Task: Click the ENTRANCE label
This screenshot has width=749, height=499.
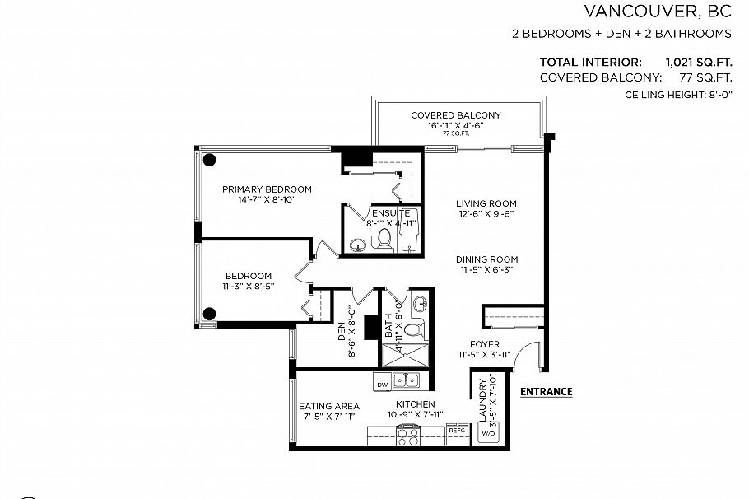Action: (x=547, y=392)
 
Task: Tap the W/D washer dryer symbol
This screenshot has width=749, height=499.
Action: (x=487, y=433)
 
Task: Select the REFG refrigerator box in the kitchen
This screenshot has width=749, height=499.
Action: (x=457, y=431)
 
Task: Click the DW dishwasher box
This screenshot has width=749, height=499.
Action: (x=382, y=385)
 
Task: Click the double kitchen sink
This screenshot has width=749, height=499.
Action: (x=406, y=380)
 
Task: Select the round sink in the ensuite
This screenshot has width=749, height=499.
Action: (x=358, y=245)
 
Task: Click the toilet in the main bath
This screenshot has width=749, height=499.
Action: (x=413, y=329)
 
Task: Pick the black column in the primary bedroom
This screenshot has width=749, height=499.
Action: (x=210, y=160)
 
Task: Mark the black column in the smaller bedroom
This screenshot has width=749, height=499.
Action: (x=210, y=313)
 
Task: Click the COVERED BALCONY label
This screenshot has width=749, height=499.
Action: (x=455, y=115)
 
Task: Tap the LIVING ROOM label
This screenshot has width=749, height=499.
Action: (x=486, y=203)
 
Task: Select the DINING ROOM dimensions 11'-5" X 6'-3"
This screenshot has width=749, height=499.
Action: (x=486, y=269)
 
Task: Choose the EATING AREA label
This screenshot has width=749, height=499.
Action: (x=328, y=406)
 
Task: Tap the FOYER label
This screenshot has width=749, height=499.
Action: (x=485, y=344)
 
